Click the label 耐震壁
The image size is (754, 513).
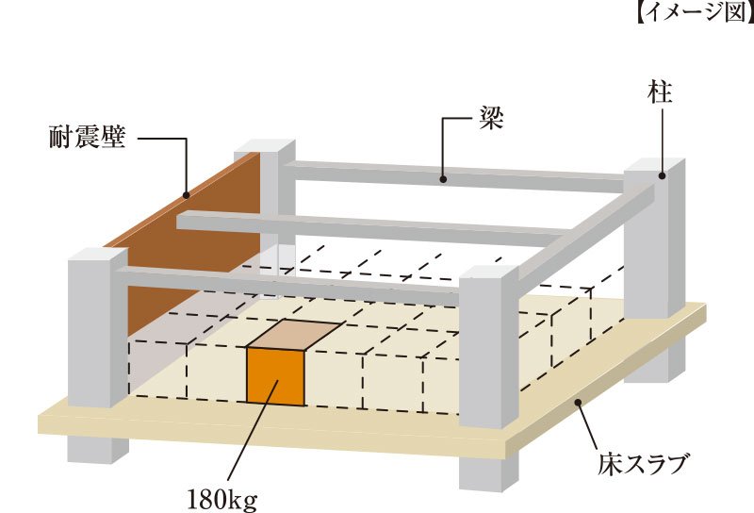pyautogui.click(x=87, y=140)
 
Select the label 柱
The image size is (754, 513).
pyautogui.click(x=661, y=91)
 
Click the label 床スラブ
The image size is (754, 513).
pyautogui.click(x=644, y=463)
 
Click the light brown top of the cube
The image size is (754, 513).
pyautogui.click(x=294, y=335)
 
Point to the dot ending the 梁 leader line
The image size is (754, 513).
pyautogui.click(x=443, y=175)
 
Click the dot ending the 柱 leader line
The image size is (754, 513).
pyautogui.click(x=662, y=174)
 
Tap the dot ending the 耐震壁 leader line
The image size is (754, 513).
pyautogui.click(x=186, y=197)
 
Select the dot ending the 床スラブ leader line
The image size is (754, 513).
pyautogui.click(x=578, y=403)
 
